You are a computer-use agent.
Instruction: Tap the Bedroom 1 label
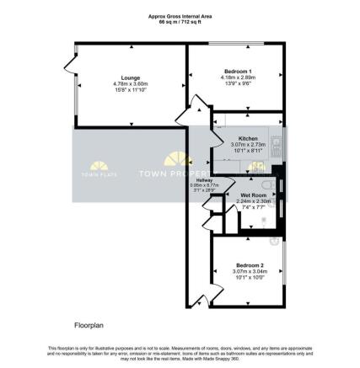235,70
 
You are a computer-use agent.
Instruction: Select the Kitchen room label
248,137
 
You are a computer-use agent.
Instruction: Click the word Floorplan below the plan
87,323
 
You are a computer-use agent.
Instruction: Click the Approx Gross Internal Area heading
180,14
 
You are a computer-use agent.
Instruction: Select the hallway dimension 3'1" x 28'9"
205,191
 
